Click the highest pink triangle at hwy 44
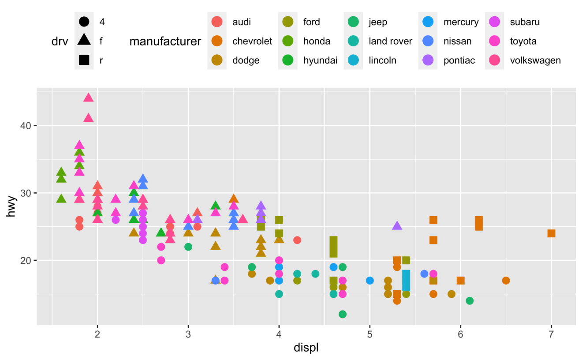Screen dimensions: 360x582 88,98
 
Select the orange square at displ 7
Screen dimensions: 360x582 551,233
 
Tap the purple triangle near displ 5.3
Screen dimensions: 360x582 397,226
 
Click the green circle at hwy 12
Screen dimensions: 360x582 342,314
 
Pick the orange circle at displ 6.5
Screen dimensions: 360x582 506,281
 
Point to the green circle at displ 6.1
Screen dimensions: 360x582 470,301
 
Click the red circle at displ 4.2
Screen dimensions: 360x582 297,240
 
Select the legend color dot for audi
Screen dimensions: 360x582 217,22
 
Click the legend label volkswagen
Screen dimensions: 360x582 535,60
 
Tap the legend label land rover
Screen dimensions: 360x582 390,41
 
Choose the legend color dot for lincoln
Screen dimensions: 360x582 353,60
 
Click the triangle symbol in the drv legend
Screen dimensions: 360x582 84,41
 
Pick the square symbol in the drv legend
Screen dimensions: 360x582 84,60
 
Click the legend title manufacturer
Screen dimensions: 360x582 165,41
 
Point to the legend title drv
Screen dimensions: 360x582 60,41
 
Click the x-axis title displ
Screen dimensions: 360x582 306,348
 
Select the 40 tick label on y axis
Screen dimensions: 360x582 25,126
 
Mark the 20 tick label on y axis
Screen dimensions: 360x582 25,260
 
